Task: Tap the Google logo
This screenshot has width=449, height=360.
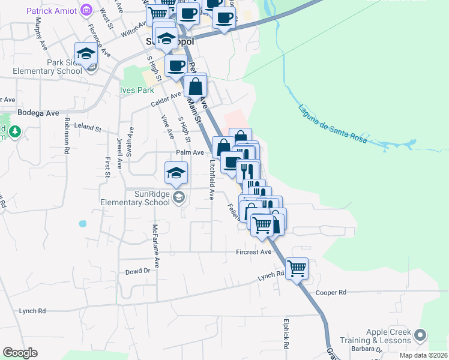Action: [x=20, y=353]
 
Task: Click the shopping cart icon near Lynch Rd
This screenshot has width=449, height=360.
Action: [x=297, y=268]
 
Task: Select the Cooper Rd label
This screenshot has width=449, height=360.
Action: [x=331, y=292]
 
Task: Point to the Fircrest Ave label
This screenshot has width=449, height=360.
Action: [x=254, y=252]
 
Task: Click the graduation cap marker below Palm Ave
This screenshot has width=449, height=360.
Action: [x=175, y=173]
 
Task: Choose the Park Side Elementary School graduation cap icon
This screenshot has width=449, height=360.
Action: [x=86, y=53]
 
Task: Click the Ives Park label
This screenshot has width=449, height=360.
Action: [x=137, y=91]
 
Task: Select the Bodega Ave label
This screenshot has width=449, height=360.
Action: [x=38, y=112]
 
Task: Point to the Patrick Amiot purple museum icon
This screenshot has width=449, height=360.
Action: [x=87, y=10]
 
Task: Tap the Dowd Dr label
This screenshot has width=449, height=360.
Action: [x=137, y=271]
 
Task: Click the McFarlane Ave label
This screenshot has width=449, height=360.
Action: [x=155, y=245]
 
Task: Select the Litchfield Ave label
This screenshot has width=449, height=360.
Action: [x=212, y=179]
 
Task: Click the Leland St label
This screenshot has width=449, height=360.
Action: [x=88, y=128]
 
